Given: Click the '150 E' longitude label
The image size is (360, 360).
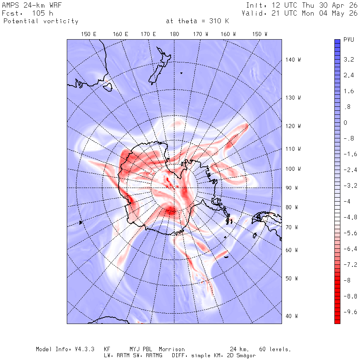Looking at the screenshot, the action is tap(89, 34).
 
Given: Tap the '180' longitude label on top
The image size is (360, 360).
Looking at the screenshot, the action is tap(174, 34).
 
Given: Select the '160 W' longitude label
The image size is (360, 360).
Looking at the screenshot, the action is tap(228, 34).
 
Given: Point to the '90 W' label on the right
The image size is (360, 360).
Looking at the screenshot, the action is tap(292, 188).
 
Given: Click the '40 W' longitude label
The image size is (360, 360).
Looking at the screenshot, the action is tap(292, 316).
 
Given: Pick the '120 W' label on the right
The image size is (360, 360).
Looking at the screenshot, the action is tap(293, 126).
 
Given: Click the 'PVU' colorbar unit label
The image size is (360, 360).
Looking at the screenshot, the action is tap(349, 40).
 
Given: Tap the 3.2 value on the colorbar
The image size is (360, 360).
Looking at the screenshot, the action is tap(349, 60).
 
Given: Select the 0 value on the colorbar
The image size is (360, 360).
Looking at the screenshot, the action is tap(345, 123).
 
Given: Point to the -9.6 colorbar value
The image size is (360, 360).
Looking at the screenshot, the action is tap(350, 312).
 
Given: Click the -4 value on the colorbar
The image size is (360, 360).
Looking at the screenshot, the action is tap(347, 201).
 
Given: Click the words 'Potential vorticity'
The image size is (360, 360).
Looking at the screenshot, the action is tap(41, 21).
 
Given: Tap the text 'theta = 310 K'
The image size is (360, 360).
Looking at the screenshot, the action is tap(204, 21).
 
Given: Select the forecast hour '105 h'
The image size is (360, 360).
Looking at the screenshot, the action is tap(42, 13).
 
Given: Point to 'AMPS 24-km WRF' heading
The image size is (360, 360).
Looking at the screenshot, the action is tap(32, 5).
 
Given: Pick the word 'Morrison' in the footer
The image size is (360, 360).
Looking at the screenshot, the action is tap(172, 349).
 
